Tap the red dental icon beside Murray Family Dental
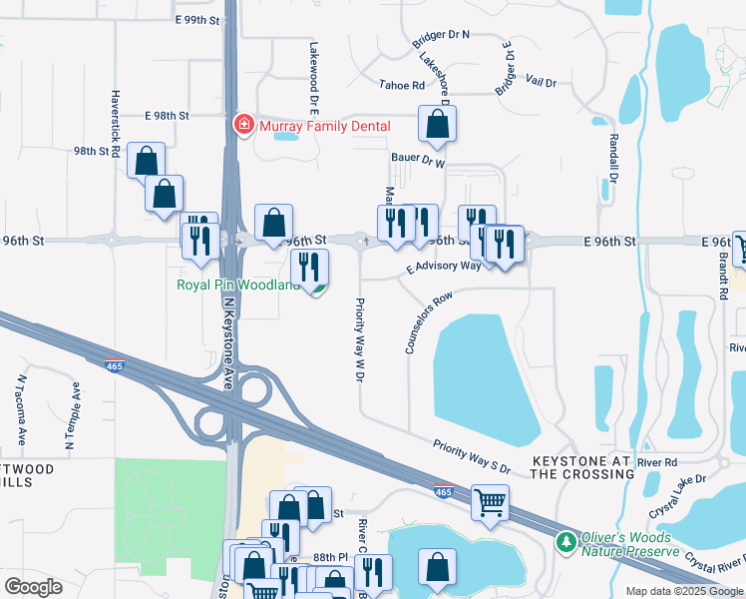(x=241, y=126)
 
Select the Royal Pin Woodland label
(x=237, y=286)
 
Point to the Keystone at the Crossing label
(x=581, y=468)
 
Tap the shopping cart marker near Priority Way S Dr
(x=490, y=503)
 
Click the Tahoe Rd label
(x=401, y=86)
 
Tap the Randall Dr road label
(x=612, y=160)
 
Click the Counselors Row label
(x=429, y=322)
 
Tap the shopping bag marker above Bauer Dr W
(x=437, y=125)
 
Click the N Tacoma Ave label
(x=21, y=409)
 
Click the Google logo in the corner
(x=33, y=586)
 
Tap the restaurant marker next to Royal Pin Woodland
(x=309, y=267)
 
